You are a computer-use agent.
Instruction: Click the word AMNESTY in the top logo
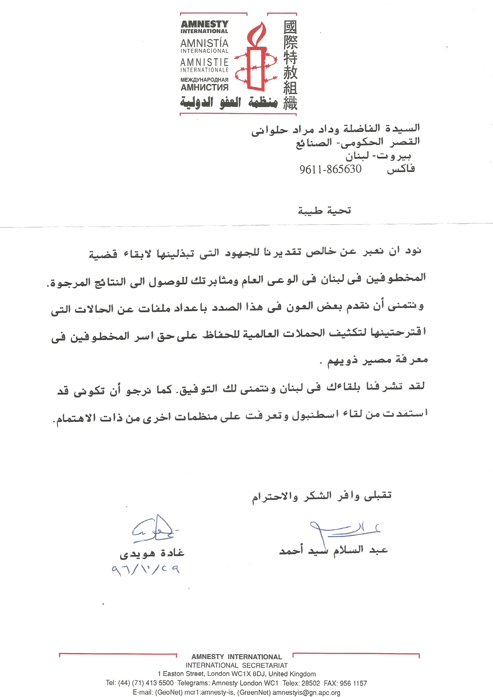point(205,24)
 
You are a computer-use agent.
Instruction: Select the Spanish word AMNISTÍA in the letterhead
point(204,43)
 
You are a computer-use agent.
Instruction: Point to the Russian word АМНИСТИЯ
point(204,88)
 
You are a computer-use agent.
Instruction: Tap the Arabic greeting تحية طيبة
point(324,210)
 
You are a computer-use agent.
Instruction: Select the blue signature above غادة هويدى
point(153,530)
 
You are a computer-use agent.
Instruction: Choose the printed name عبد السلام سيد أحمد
point(333,550)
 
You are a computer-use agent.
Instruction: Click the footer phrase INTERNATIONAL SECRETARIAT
point(236,665)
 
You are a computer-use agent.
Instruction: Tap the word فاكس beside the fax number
point(401,169)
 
